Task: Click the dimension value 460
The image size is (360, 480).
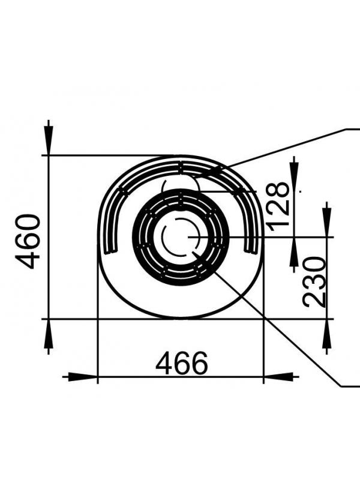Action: pos(28,242)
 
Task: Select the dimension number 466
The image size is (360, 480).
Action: pos(182,363)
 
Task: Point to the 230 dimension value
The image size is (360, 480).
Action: pos(314,282)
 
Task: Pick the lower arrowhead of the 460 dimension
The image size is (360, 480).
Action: pos(49,334)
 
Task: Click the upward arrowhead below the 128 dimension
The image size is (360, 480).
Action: pos(294,252)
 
